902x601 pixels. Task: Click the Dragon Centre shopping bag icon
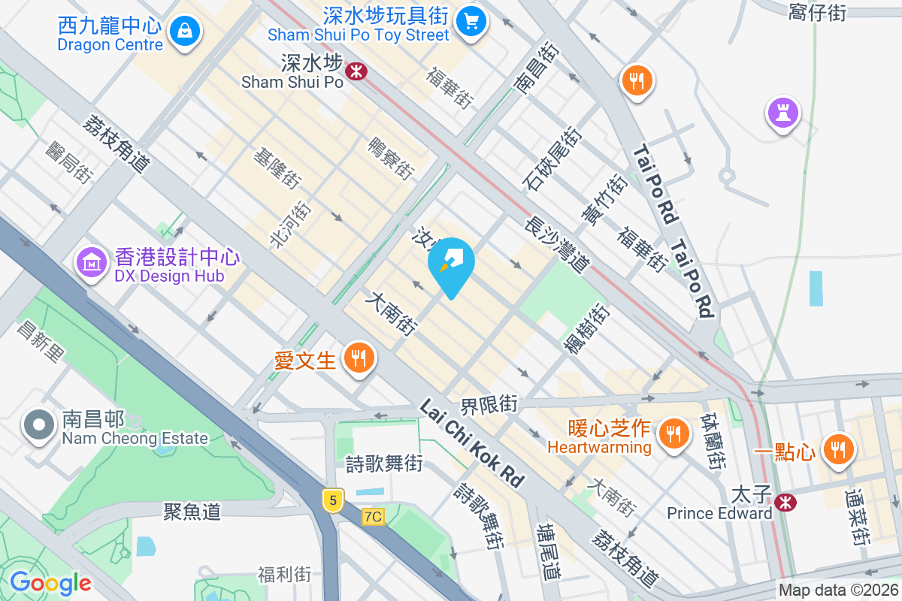point(184,32)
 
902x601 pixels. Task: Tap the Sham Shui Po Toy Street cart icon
point(471,20)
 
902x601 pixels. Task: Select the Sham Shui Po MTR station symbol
point(356,71)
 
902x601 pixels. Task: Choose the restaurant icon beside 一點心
point(837,449)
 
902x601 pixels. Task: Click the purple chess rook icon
point(783,113)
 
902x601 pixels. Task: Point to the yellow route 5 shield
point(333,499)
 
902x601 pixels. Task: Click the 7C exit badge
point(372,517)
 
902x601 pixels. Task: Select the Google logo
point(50,583)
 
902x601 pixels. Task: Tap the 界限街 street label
point(489,405)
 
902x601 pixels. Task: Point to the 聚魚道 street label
point(192,512)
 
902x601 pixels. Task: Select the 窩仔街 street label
point(819,12)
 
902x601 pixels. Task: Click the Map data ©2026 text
point(838,590)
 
